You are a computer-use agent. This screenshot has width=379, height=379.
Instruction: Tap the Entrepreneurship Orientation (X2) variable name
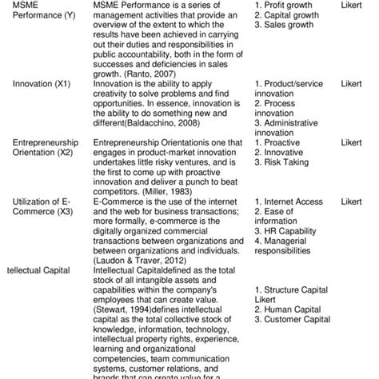(x=45, y=148)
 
